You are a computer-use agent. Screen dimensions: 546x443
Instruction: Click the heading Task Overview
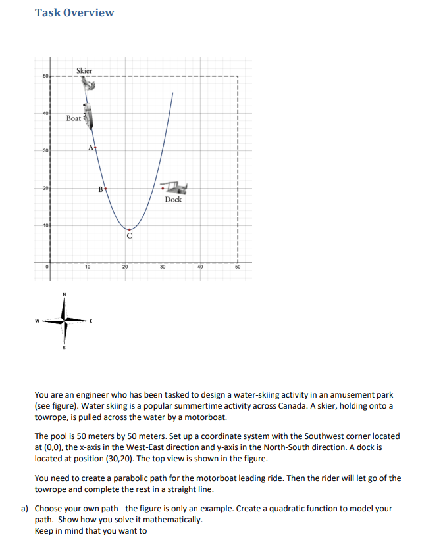[74, 12]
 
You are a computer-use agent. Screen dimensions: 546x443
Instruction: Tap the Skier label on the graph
[84, 70]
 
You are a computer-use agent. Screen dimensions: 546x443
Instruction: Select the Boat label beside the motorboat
[74, 118]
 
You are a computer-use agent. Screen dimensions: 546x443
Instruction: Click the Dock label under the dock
[173, 199]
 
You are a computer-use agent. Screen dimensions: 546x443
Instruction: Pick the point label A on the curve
[91, 147]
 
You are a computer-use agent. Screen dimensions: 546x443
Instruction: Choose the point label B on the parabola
[100, 189]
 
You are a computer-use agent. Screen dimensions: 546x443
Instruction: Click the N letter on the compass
[64, 294]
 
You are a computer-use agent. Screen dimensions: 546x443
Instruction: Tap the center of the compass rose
[64, 321]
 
